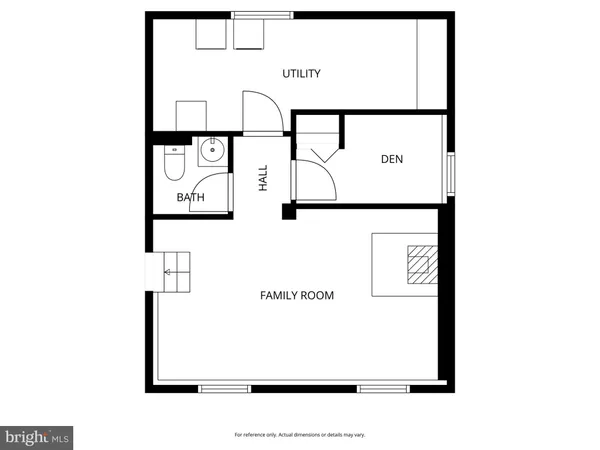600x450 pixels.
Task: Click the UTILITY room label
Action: pos(301,73)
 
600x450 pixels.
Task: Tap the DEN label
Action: pos(392,159)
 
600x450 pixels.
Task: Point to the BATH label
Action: pos(191,197)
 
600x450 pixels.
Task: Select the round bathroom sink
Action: pos(211,154)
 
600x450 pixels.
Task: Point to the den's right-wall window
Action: pos(450,174)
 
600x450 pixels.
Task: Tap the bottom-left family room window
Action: pos(224,388)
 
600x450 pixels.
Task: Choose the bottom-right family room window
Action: pos(383,388)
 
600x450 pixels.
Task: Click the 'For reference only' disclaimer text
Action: pos(300,435)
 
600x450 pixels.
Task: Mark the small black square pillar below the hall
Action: pos(288,212)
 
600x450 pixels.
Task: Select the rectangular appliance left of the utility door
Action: pos(190,115)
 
